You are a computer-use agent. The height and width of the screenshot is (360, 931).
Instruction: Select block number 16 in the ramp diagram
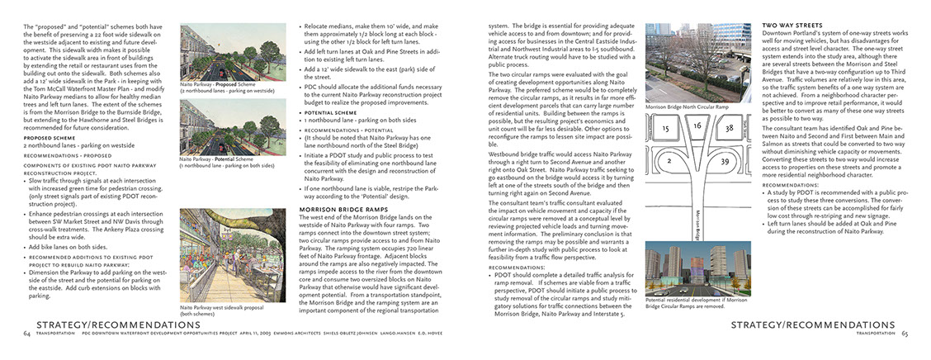697,126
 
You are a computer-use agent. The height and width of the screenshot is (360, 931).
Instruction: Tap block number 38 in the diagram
728,129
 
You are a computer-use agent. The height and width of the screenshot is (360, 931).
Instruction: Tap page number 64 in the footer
27,334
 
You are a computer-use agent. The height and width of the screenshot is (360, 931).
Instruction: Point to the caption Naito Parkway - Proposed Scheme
210,84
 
